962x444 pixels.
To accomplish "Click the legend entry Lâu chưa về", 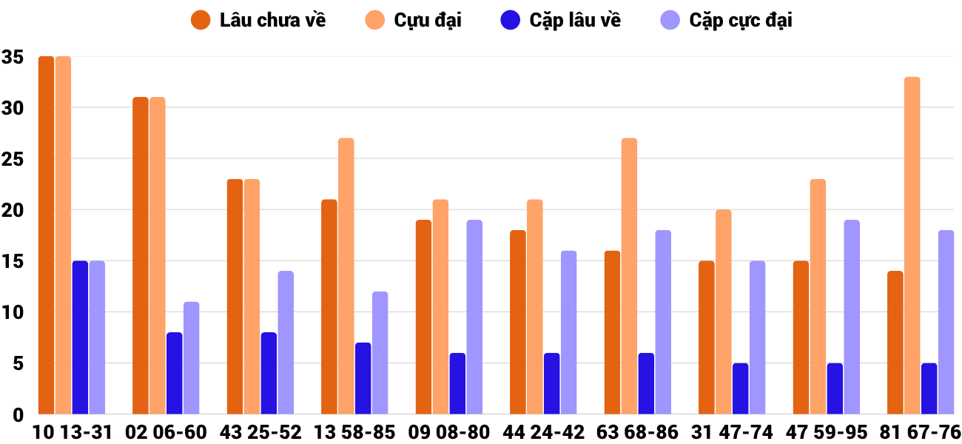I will coord(258,20).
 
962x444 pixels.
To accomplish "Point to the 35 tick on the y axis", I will coord(13,57).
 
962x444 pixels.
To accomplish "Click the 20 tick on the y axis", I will coord(13,210).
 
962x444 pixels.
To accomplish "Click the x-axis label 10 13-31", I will coord(72,432).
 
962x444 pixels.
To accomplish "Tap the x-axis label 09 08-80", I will coord(449,432).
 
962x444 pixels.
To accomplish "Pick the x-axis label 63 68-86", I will coord(638,432).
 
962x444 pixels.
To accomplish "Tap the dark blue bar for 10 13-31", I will coord(80,337).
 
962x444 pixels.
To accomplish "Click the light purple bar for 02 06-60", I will coord(191,358).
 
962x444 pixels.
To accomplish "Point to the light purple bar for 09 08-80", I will coord(474,317).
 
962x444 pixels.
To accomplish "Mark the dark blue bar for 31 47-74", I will coord(740,388).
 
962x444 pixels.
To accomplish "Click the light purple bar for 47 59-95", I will coord(852,317).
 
